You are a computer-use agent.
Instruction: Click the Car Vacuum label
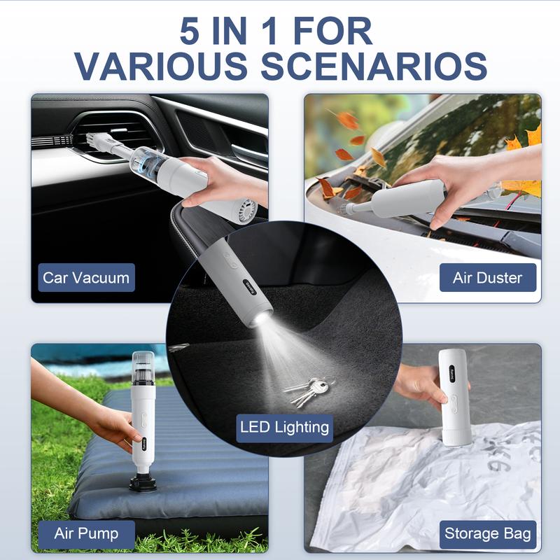coord(86,277)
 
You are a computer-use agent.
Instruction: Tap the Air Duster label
coord(487,277)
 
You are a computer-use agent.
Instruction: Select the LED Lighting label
coord(285,428)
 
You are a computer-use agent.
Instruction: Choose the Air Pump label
coord(86,533)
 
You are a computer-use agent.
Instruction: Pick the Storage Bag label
coord(487,533)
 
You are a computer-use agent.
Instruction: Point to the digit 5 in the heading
coord(190,31)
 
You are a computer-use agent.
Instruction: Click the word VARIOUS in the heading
coord(161,66)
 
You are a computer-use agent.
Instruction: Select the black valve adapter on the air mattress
coord(143,482)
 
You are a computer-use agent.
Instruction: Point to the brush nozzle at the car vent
coord(97,140)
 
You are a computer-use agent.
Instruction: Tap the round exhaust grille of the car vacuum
coord(247,212)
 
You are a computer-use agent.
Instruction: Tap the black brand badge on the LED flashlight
coord(250,287)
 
